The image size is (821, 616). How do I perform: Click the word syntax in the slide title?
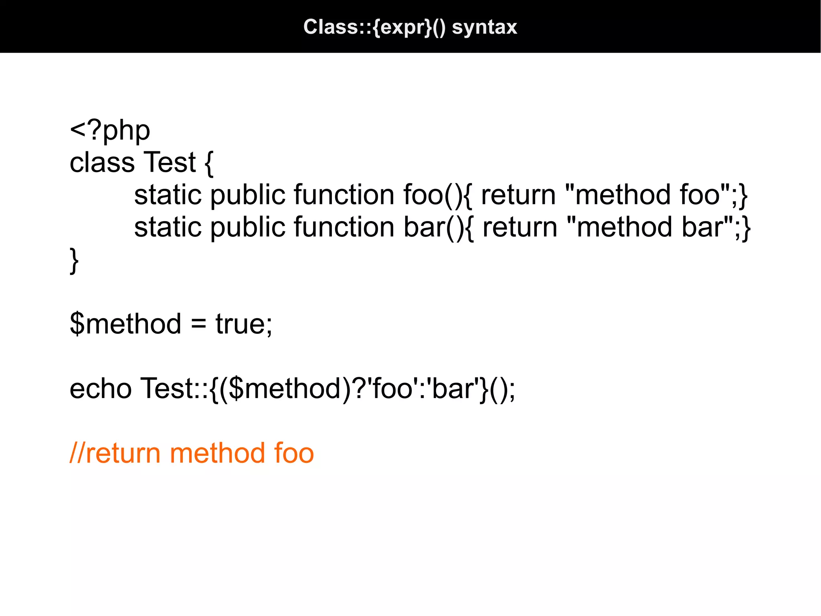click(484, 27)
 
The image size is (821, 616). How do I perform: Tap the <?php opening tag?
click(110, 130)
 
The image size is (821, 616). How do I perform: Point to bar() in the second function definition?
click(434, 227)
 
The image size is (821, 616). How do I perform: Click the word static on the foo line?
click(168, 195)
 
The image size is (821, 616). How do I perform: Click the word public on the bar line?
click(247, 227)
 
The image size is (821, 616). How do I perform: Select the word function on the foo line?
click(344, 195)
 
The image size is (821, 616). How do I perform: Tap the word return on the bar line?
click(520, 227)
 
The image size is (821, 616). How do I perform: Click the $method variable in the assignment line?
click(125, 324)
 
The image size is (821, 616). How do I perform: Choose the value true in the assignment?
click(240, 324)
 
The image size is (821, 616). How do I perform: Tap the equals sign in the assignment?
click(198, 324)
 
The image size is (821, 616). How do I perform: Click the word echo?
click(101, 388)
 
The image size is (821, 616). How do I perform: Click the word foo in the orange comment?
click(294, 453)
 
